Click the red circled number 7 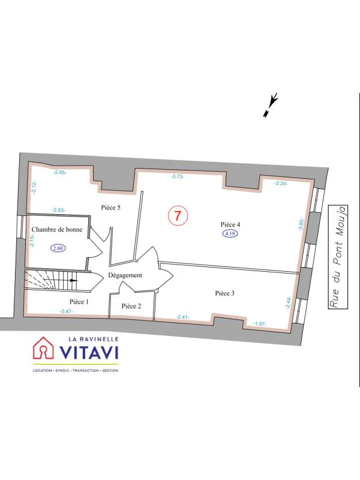178,216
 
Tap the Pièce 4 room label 230,224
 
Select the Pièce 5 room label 110,208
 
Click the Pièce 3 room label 224,293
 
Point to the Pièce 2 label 131,306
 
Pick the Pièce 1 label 79,302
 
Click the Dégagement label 125,275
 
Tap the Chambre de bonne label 57,229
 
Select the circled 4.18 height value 230,234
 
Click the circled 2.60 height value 58,248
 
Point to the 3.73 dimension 178,176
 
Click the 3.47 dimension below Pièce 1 67,311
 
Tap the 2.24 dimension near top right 280,184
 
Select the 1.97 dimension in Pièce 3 260,323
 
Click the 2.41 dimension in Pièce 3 182,317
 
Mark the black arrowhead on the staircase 74,280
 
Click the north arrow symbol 271,105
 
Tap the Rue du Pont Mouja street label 338,257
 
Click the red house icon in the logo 43,348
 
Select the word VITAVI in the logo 89,352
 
